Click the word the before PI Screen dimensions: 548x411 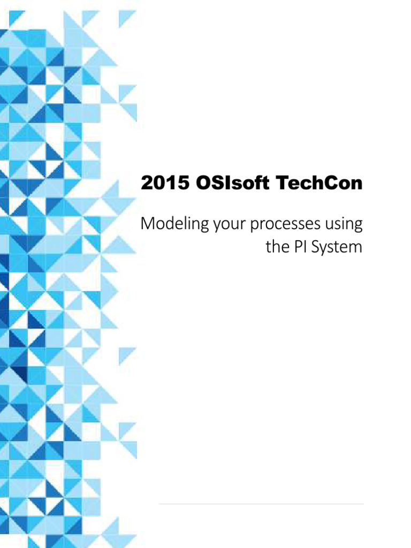(276, 247)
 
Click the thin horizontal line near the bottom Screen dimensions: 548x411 (261, 504)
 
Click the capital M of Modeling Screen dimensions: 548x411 (147, 224)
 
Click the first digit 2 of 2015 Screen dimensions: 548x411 (146, 184)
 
